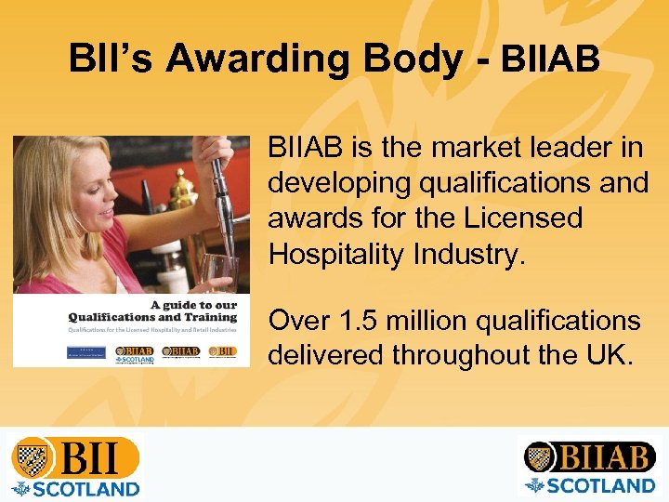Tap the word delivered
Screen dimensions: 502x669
325,355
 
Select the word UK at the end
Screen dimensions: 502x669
610,355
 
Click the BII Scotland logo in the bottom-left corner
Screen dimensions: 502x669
75,466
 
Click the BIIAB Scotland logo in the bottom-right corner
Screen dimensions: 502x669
589,466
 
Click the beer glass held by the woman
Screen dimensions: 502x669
220,275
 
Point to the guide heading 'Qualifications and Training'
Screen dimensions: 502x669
152,317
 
